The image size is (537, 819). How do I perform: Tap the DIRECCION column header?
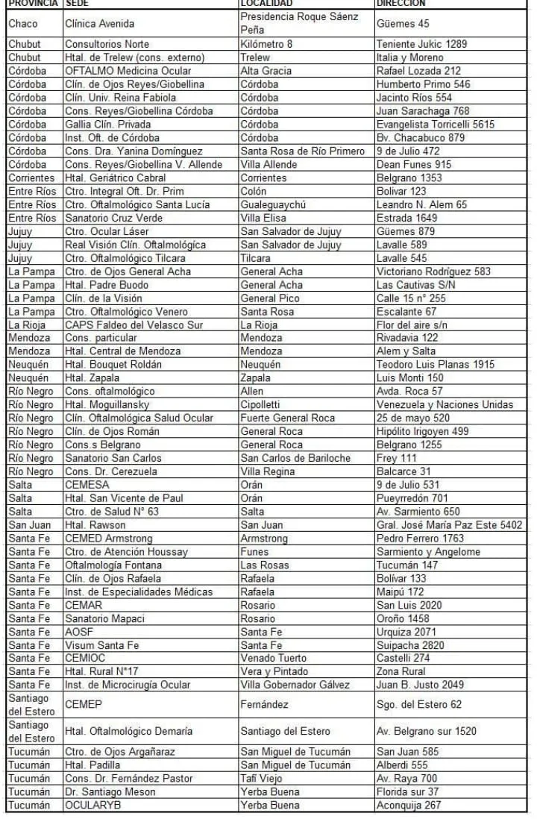[401, 4]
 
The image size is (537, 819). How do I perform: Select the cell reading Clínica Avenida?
[100, 24]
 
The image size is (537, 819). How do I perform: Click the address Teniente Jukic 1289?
[421, 44]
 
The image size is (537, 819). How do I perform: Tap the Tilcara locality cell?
[256, 259]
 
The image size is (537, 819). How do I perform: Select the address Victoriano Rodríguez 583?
[433, 272]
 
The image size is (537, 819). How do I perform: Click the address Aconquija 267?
[409, 806]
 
